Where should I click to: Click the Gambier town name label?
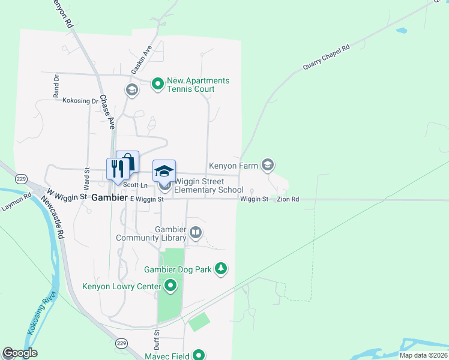[x=110, y=197]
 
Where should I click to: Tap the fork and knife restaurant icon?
[x=116, y=168]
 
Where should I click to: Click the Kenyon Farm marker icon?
[x=268, y=164]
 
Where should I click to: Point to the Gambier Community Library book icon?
[x=195, y=232]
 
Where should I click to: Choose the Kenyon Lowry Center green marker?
[x=170, y=286]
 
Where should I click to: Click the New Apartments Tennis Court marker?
[x=158, y=84]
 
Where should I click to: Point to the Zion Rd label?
[x=288, y=199]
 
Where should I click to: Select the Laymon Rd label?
[x=16, y=202]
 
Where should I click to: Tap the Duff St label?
[x=157, y=339]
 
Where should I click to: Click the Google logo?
[x=20, y=353]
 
